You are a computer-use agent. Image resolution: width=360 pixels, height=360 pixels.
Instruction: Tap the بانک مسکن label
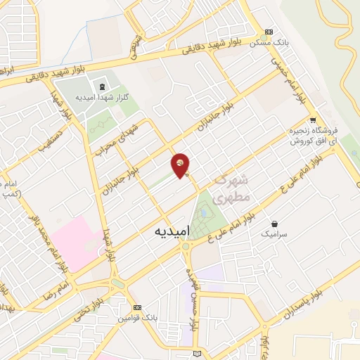pos(269,44)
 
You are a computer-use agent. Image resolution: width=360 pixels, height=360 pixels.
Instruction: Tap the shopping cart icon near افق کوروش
pos(312,119)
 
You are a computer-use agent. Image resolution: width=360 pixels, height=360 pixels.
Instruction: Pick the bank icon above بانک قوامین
pos(137,308)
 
